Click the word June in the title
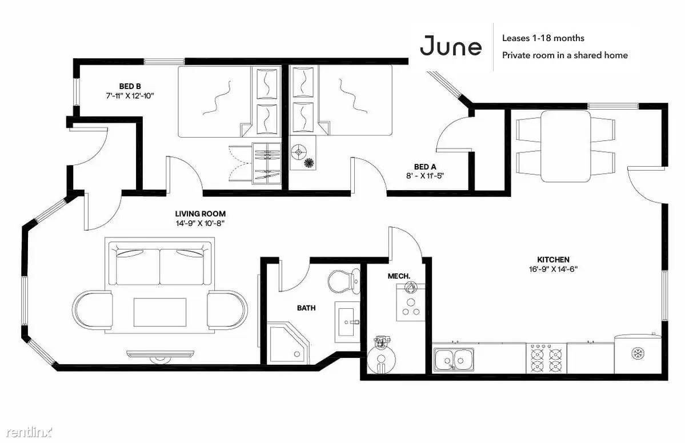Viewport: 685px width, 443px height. (x=451, y=46)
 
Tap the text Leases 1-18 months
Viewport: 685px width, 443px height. (x=543, y=38)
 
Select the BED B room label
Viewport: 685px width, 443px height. (x=130, y=86)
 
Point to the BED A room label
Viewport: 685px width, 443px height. (x=425, y=167)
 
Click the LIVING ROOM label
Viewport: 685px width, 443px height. (x=201, y=214)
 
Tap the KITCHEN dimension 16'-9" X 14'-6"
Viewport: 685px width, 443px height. (x=553, y=269)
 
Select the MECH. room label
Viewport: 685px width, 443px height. (x=399, y=276)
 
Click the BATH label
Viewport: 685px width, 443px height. (x=306, y=308)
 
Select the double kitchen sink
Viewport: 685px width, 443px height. (x=454, y=360)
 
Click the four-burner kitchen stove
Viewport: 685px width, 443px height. (x=547, y=359)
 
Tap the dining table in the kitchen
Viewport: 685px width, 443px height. (x=566, y=146)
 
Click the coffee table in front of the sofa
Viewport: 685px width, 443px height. (x=160, y=312)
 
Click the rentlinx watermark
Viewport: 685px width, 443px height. (x=29, y=432)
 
